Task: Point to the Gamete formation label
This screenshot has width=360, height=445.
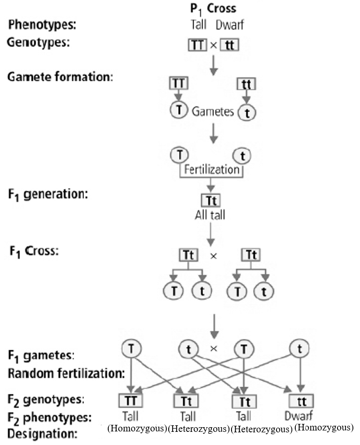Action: click(x=60, y=76)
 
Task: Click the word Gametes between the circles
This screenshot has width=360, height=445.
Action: click(x=213, y=112)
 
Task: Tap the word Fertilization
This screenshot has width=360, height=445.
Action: click(x=211, y=169)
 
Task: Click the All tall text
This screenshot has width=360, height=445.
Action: click(x=210, y=216)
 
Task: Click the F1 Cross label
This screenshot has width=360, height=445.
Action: click(x=32, y=250)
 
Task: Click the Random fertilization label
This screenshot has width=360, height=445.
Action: click(x=66, y=374)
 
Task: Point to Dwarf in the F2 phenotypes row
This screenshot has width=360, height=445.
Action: click(x=299, y=415)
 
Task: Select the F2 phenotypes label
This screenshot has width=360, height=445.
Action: click(x=49, y=417)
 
